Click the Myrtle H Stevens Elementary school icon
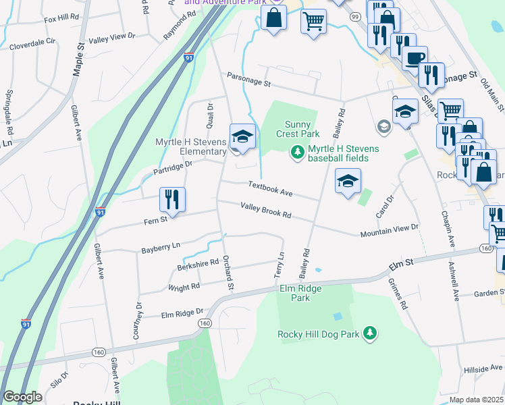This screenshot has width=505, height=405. click(242, 137)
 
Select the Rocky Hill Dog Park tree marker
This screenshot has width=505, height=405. click(369, 333)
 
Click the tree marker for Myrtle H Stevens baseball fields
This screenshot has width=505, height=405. click(296, 153)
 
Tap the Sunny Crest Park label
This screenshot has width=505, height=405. click(297, 129)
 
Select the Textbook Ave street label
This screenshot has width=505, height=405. click(269, 188)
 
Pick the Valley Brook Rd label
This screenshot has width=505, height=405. click(265, 211)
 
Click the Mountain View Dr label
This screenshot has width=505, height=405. click(389, 231)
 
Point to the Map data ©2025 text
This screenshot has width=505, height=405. click(475, 400)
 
